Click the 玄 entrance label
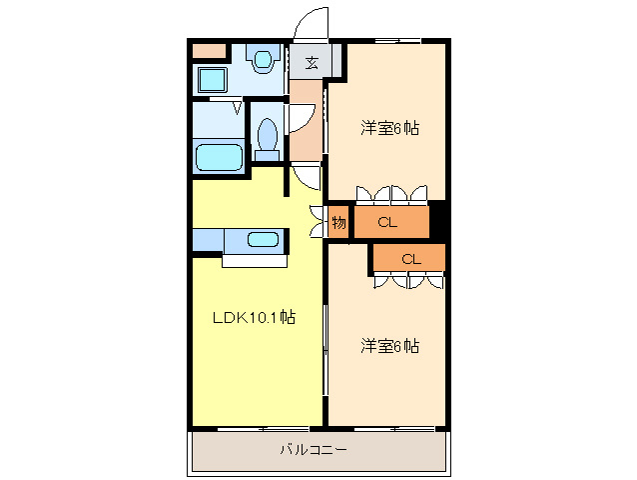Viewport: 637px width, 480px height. pos(311,62)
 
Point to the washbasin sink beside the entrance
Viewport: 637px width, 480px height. pos(264,61)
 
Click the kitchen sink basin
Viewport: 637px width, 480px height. pos(263,240)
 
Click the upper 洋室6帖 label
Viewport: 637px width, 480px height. pos(388,128)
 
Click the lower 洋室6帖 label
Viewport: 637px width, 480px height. pos(388,346)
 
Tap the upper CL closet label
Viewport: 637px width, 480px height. pos(388,222)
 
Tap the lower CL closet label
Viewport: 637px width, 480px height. pos(410,258)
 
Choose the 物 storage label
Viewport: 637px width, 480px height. pos(338,222)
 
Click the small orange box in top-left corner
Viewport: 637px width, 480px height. pos(209,50)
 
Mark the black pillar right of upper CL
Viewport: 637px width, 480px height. pos(436,221)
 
